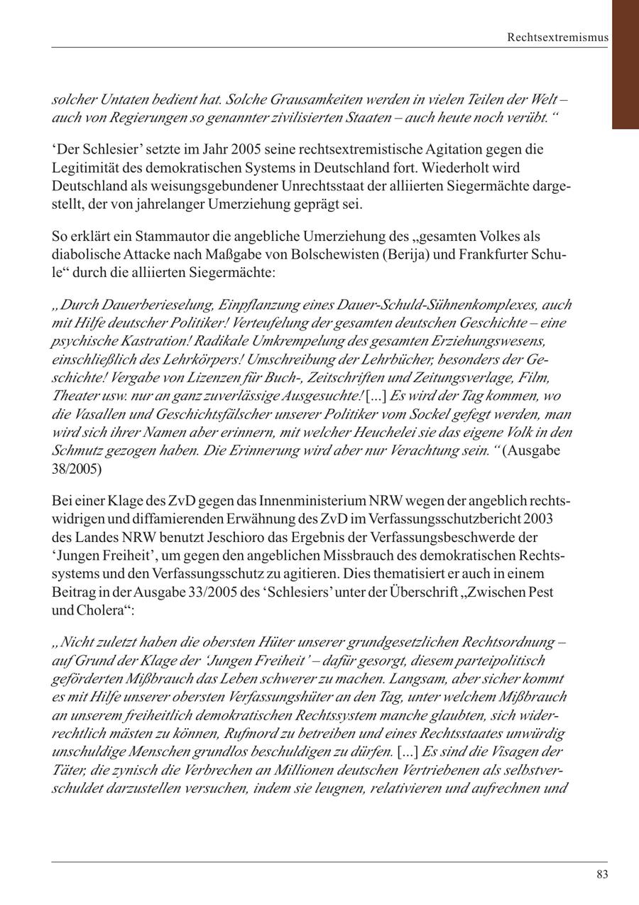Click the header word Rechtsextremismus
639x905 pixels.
pos(557,37)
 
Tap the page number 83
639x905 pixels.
pos(602,874)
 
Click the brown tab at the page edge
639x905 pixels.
pos(625,64)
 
